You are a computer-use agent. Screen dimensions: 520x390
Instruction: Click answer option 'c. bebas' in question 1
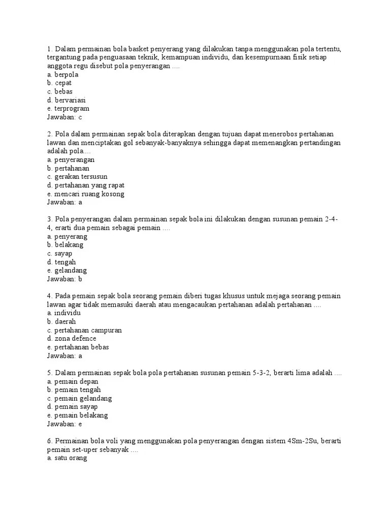click(59, 91)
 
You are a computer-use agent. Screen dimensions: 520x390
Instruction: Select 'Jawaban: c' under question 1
click(64, 117)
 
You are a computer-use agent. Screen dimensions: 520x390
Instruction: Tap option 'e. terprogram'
click(68, 108)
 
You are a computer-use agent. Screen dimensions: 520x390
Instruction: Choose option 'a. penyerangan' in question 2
click(71, 159)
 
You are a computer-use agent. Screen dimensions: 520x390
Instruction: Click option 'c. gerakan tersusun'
click(77, 177)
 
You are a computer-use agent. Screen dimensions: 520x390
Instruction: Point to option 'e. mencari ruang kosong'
click(85, 193)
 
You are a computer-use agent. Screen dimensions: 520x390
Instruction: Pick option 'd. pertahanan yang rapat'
click(85, 185)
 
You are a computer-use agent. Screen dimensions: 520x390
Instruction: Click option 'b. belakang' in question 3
click(65, 245)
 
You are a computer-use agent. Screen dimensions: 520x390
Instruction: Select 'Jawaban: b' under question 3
click(64, 279)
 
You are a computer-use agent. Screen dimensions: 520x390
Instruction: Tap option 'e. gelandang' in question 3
click(67, 270)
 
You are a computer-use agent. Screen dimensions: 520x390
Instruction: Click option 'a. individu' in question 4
click(63, 313)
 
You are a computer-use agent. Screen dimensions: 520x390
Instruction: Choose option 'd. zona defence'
click(72, 338)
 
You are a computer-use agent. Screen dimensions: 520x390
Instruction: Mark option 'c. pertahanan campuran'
click(84, 330)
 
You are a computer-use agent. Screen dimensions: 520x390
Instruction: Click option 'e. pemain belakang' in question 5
click(77, 415)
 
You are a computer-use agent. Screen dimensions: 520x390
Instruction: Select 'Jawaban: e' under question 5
click(64, 424)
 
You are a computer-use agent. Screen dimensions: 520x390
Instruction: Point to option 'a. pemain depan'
click(73, 381)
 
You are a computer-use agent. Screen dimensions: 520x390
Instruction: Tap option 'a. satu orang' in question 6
click(67, 458)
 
